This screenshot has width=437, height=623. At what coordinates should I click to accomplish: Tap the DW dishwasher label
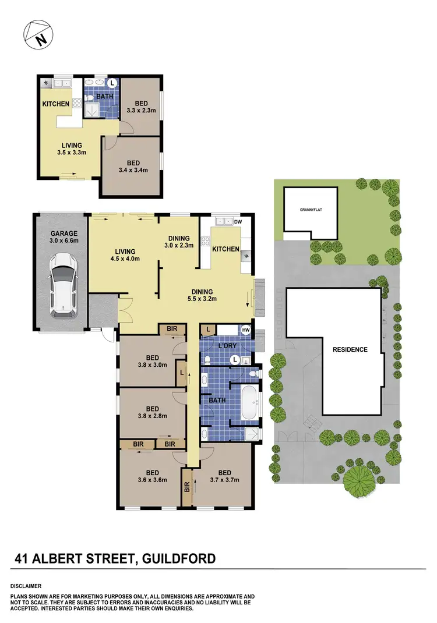(x=237, y=222)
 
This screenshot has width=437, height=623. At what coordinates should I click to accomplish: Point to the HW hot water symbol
(x=246, y=330)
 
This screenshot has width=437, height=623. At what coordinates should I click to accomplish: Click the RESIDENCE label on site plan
(x=350, y=349)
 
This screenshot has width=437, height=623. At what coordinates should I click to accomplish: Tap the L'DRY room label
(x=226, y=346)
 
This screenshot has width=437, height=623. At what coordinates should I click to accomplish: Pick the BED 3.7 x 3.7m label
(x=224, y=477)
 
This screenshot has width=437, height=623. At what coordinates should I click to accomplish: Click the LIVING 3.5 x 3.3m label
(x=73, y=150)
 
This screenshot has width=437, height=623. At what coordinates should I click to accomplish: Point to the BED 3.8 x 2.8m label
(x=153, y=412)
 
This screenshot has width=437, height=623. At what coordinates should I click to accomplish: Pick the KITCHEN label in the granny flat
(x=56, y=104)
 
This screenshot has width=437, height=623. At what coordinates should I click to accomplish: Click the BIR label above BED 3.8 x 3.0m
(x=172, y=330)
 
